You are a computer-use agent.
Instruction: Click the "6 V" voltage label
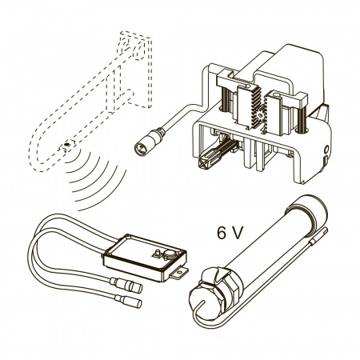pyautogui.click(x=230, y=233)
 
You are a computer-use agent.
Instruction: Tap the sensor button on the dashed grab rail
pyautogui.click(x=66, y=144)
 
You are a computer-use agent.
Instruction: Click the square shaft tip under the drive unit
pyautogui.click(x=204, y=162)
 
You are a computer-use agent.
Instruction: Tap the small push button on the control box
pyautogui.click(x=157, y=253)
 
